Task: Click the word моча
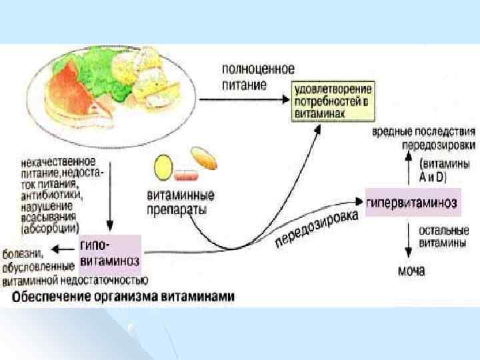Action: click(x=411, y=271)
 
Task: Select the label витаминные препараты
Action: click(x=180, y=201)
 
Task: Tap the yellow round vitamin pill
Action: click(x=163, y=169)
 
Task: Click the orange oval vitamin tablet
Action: click(x=204, y=159)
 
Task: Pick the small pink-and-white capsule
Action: click(x=186, y=177)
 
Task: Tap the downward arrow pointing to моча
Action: click(x=408, y=240)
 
